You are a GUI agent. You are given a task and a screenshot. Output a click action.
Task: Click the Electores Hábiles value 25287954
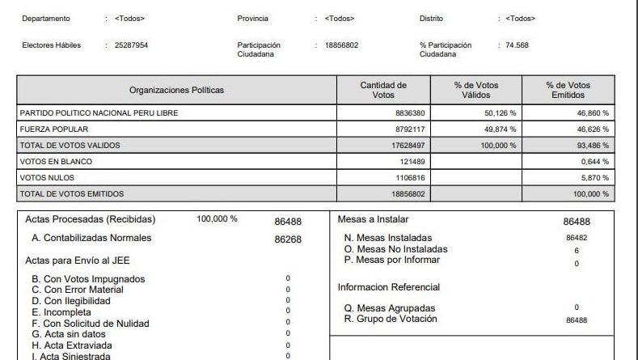(126, 45)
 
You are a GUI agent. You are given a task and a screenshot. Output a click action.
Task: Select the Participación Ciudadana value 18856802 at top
(341, 45)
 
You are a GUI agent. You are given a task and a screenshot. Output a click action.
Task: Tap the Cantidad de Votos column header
(383, 90)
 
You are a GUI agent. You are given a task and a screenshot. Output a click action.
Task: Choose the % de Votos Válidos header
(476, 90)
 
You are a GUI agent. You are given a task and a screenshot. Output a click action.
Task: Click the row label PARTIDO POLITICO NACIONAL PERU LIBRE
(99, 113)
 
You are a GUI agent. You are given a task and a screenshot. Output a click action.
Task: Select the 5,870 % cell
(594, 178)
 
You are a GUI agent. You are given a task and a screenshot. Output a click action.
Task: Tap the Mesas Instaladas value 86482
(576, 239)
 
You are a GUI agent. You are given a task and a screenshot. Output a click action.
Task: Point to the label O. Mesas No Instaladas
(395, 249)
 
